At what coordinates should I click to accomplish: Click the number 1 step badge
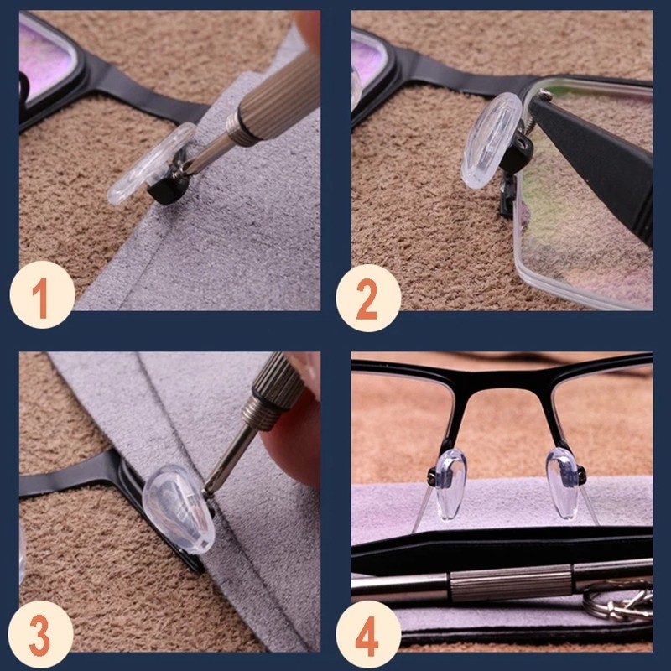point(43,295)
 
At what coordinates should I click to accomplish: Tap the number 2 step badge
point(368,298)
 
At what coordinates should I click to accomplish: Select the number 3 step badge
point(40,634)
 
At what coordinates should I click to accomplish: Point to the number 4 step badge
point(368,634)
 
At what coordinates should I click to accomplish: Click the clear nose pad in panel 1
point(150,164)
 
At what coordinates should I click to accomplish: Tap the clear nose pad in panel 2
point(491,141)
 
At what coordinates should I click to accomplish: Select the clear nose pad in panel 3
point(179,509)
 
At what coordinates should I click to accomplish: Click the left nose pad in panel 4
point(450,484)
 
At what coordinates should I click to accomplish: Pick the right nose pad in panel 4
point(562,483)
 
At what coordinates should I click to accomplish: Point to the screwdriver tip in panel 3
point(206,492)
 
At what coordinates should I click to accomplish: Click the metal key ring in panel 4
point(617,601)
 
